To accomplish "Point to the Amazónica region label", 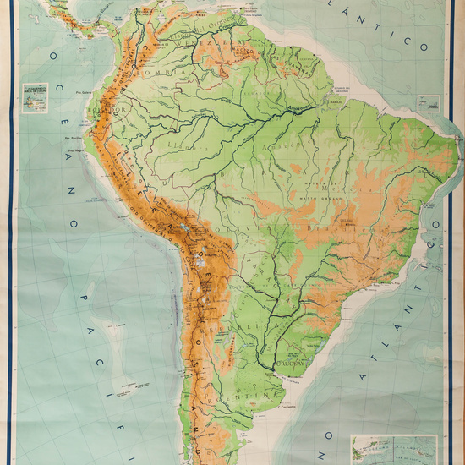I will click(232, 156).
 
